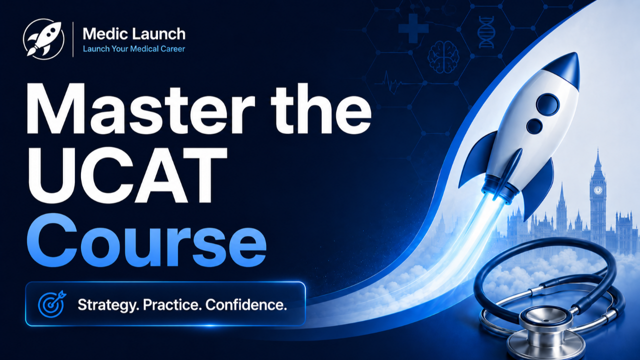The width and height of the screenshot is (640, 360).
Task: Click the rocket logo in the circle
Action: (x=43, y=39)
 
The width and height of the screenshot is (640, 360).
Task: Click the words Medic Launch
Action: (x=134, y=33)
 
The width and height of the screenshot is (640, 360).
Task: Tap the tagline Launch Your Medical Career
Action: (x=134, y=49)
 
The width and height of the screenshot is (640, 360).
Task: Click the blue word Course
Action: (x=147, y=240)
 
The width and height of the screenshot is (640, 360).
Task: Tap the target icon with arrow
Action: (x=52, y=304)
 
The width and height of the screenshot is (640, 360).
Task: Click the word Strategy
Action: (x=108, y=305)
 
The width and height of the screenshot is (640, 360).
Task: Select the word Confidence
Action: (x=246, y=304)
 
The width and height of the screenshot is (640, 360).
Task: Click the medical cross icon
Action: (x=413, y=28)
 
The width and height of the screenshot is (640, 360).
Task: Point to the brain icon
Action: (x=443, y=57)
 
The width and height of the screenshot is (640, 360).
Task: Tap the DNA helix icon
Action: (x=486, y=32)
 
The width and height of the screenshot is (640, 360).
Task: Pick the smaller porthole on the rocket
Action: (x=534, y=126)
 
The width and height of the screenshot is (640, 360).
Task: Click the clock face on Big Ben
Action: (x=597, y=190)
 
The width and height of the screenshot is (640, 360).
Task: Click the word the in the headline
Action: (x=321, y=109)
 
